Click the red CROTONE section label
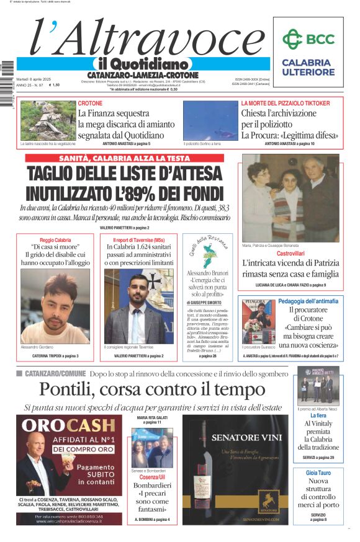[90, 103]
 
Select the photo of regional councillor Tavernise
[139, 306]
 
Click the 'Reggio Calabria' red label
[55, 239]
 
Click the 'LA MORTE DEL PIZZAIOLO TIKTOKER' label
[285, 103]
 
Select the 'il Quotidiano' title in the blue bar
[142, 64]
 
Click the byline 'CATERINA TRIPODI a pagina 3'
[55, 355]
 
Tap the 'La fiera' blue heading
[318, 415]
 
